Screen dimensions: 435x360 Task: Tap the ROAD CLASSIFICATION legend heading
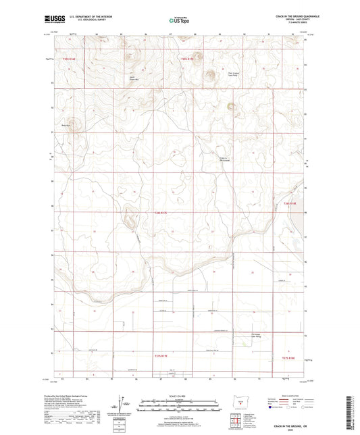click(286, 396)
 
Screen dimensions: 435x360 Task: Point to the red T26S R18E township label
click(290, 203)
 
